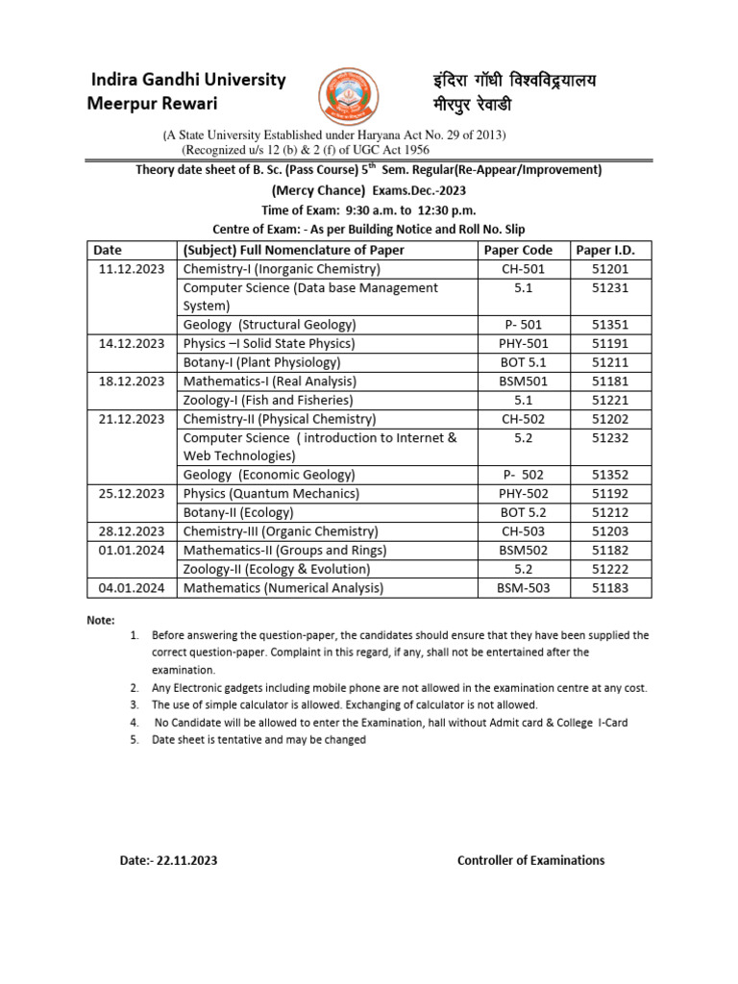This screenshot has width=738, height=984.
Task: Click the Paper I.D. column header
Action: (611, 250)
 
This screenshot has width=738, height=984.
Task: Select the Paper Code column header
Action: (524, 250)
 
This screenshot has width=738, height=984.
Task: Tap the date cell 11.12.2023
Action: (132, 269)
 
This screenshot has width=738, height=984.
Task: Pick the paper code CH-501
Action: (524, 269)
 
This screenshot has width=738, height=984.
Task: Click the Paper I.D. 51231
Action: (611, 288)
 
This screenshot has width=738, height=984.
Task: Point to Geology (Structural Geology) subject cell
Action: (269, 325)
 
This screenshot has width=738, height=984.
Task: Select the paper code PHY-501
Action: (524, 343)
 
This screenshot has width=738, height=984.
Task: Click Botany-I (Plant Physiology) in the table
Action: (261, 362)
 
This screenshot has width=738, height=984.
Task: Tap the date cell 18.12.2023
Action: (132, 381)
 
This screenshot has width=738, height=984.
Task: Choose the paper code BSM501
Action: (524, 381)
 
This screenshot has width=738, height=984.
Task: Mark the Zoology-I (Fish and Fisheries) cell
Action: (268, 400)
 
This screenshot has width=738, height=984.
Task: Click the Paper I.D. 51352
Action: (611, 475)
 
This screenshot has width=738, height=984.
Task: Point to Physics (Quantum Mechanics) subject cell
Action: (271, 494)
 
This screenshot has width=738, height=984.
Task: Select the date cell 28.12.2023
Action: (132, 531)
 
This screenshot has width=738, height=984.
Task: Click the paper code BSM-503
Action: (524, 588)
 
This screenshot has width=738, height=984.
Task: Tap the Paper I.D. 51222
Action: (611, 569)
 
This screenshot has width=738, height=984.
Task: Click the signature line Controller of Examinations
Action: (530, 860)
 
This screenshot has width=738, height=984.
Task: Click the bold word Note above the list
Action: (101, 621)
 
